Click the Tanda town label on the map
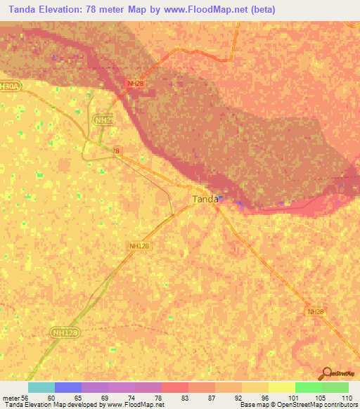(205, 199)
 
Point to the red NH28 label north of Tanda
(135, 84)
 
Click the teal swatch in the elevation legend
(41, 387)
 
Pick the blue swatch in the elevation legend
(68, 387)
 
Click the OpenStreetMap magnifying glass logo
(326, 373)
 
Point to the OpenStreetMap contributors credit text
(316, 405)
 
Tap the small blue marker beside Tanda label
(221, 198)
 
